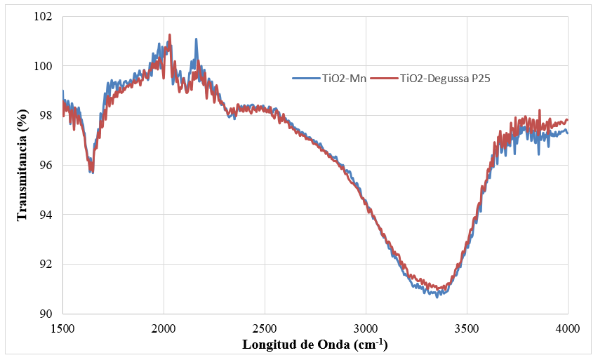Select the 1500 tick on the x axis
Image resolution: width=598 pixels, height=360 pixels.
coord(62,328)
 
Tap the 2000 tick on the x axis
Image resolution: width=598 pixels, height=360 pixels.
coord(164,328)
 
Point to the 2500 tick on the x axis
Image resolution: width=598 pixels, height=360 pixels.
coord(265,328)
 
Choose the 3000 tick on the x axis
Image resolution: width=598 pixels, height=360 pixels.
coord(366,328)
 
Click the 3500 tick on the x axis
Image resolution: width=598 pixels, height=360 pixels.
coord(467,328)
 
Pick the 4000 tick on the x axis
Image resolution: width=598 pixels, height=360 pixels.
coord(567,328)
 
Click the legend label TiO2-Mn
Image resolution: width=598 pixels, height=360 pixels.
coord(343,79)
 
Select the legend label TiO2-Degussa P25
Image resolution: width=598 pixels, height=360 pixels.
coord(444,79)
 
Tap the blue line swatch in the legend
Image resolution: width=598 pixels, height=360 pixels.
coord(306,79)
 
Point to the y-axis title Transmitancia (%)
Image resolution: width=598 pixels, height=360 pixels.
coord(24,164)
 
